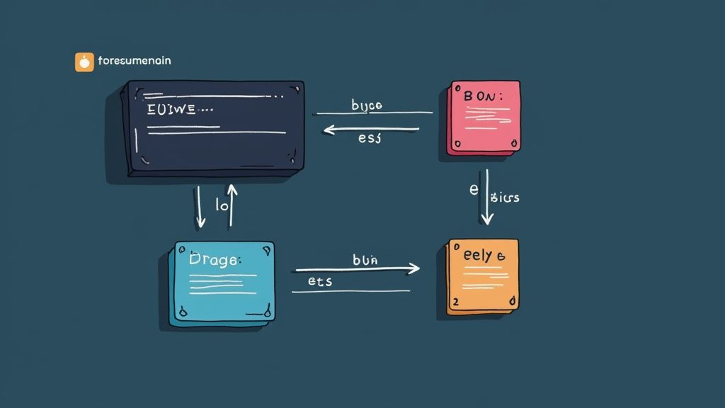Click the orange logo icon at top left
[x=84, y=62]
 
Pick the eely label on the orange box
[x=479, y=256]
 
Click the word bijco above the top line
[x=367, y=106]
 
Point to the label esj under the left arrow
[x=370, y=138]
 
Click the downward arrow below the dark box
[x=200, y=206]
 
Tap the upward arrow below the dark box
[x=230, y=205]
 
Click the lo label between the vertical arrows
[x=221, y=207]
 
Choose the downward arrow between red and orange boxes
[x=486, y=198]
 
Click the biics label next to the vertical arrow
[x=504, y=198]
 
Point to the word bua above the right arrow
[x=365, y=260]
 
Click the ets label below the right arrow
[x=320, y=281]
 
